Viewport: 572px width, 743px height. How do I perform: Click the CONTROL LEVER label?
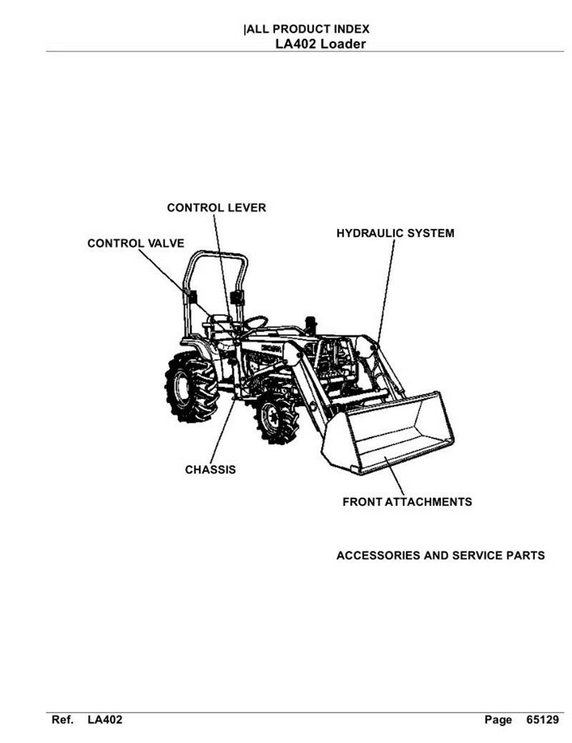216,208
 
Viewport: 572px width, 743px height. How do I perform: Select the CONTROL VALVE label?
136,244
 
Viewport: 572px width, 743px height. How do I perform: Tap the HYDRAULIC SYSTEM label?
395,233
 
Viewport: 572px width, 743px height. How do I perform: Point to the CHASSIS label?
210,470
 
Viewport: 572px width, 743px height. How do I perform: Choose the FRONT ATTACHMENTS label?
407,502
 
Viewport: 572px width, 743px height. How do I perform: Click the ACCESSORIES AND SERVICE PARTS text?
440,556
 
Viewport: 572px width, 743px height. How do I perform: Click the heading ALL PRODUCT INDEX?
307,30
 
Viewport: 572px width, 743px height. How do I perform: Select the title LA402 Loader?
321,44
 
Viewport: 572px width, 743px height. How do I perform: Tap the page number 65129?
542,720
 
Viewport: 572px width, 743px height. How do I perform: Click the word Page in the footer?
498,720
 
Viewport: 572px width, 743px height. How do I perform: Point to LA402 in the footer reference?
105,720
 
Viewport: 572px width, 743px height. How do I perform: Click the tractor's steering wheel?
254,323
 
